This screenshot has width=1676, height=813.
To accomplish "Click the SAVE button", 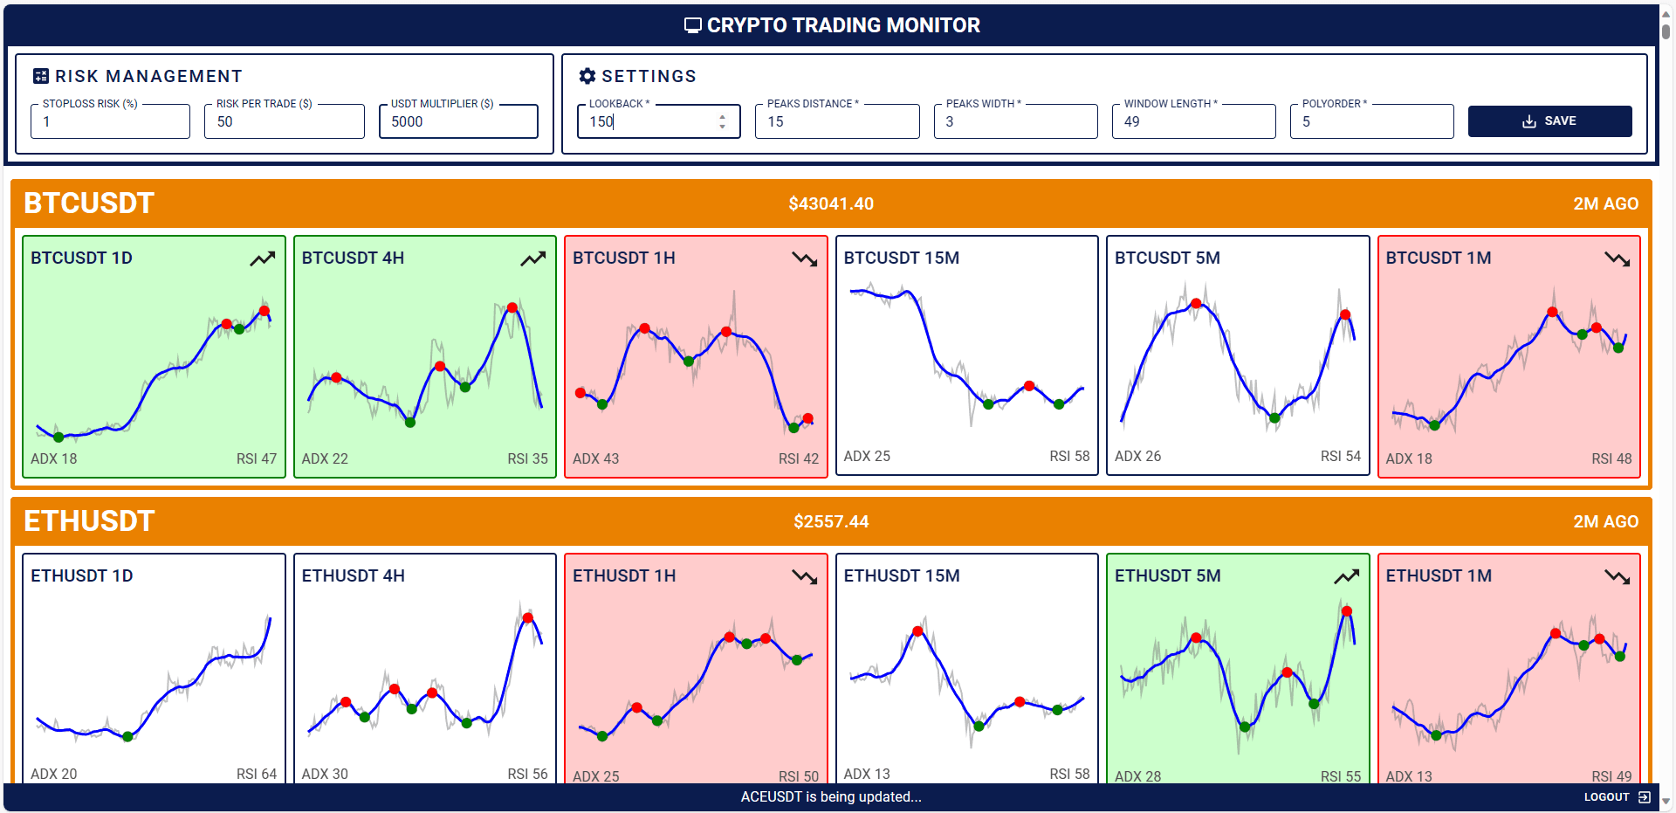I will point(1549,121).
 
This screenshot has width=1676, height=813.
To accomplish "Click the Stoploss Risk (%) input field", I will point(110,122).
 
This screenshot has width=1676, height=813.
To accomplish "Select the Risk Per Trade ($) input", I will point(285,122).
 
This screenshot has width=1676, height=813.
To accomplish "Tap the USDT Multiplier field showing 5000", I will point(459,122).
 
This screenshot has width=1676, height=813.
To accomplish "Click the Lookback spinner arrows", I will point(722,121).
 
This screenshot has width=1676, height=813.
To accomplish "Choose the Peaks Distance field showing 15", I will point(837,122).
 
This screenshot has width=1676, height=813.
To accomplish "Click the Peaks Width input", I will point(1015,122).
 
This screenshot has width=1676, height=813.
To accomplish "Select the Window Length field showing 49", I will point(1193,122).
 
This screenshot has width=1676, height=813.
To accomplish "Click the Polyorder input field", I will point(1371,122).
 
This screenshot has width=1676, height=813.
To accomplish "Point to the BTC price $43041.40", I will point(831,204).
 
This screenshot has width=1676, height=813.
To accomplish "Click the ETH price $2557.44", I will point(831,522).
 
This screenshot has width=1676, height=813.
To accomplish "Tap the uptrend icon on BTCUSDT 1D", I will point(263,259).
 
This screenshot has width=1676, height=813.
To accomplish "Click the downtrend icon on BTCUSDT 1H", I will point(805,259).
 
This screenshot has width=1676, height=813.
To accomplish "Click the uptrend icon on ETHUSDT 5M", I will point(1347,577).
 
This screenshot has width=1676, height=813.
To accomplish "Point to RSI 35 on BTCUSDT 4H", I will point(528,459).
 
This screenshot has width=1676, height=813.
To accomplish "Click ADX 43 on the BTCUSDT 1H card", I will point(596,459).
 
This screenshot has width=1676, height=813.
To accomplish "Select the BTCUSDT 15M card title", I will point(902,258).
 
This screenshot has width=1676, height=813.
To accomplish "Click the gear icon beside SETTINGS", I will point(587,77).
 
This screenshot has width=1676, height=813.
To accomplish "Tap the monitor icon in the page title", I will point(693,26).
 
